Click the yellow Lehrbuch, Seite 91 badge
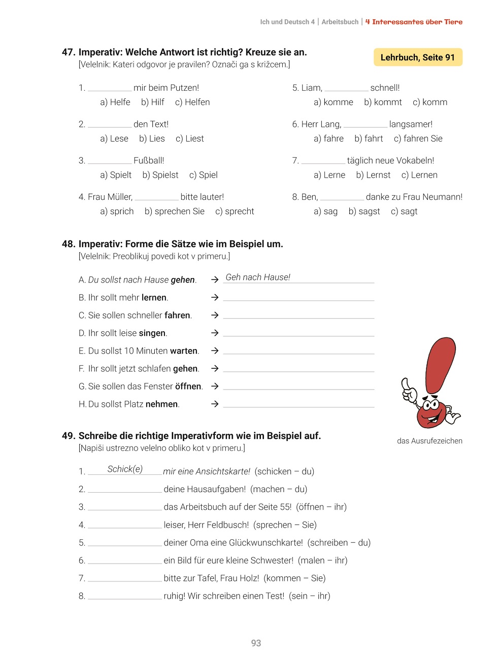(418, 57)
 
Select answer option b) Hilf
(153, 102)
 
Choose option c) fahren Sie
(418, 138)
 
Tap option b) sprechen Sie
(174, 211)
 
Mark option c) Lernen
(419, 175)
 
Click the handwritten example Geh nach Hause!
(258, 277)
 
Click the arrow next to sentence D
(215, 333)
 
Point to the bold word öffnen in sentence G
(188, 386)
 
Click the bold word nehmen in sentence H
(161, 404)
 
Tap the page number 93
(256, 643)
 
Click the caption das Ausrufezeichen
(429, 441)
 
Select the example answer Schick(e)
(125, 469)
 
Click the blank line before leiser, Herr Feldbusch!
(125, 525)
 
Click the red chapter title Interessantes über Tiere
(414, 22)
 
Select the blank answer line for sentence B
(298, 297)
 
